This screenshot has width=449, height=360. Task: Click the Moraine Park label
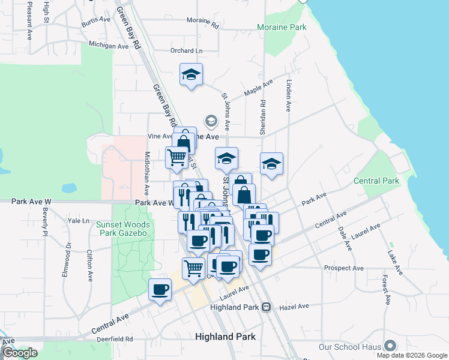tap(282, 27)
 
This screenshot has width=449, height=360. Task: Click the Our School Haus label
tap(351, 347)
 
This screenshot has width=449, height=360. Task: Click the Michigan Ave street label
tap(108, 45)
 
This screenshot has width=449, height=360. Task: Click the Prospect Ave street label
tap(344, 268)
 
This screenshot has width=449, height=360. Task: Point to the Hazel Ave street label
tap(294, 306)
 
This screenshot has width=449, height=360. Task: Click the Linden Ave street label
tap(289, 96)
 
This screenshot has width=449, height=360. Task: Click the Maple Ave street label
tap(259, 88)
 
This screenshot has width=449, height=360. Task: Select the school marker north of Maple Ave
tap(191, 74)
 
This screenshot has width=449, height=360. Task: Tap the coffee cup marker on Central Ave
tap(160, 290)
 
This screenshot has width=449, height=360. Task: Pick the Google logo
tap(20, 353)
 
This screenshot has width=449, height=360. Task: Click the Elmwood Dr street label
tap(65, 259)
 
